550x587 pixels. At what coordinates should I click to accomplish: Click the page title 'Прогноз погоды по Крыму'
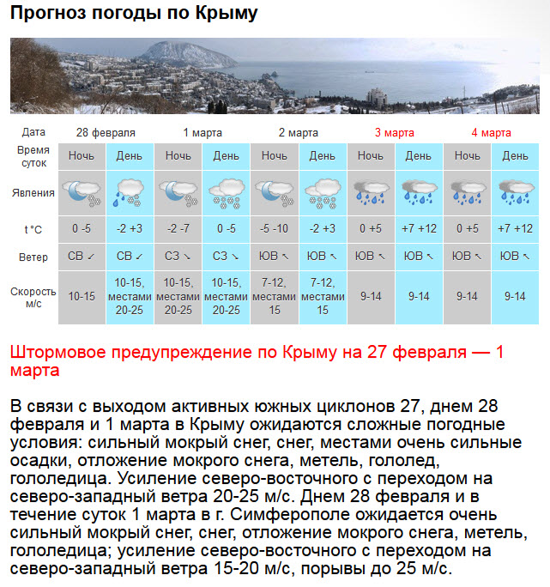coord(134,14)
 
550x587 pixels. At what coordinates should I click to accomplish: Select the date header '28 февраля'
coord(106,133)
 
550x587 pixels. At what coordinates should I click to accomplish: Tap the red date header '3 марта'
coord(394,133)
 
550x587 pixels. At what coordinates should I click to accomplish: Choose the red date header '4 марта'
coord(491,133)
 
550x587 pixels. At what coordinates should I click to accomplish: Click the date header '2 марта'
coord(298,133)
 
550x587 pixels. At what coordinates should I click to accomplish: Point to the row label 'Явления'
coord(34,193)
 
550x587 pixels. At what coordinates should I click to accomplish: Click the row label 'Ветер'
coord(34,257)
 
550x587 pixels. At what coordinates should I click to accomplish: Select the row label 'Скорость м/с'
coord(34,297)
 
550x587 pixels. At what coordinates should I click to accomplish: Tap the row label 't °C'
coord(34,229)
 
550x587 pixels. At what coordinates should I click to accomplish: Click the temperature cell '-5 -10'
coord(275,229)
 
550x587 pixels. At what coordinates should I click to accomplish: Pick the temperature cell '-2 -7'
coord(178,229)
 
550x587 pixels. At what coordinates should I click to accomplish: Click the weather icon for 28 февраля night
coord(82,193)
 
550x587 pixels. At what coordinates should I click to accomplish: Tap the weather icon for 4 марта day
coord(515,193)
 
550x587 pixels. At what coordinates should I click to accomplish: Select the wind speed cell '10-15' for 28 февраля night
coord(82,296)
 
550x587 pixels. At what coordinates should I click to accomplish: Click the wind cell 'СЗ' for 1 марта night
coord(178,257)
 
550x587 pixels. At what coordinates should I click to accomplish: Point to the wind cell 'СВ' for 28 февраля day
coord(130,257)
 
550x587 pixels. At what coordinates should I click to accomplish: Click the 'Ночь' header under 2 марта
coord(275,156)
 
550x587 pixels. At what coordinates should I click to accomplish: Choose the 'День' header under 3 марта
coord(419,156)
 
